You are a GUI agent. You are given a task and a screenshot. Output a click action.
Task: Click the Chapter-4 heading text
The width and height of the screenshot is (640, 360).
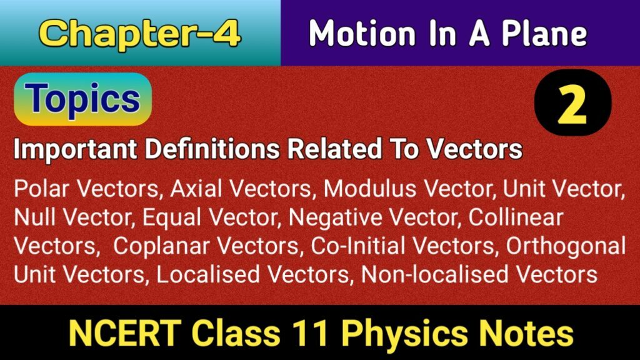141,34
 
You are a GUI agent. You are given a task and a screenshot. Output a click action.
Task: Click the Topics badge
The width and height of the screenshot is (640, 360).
83,99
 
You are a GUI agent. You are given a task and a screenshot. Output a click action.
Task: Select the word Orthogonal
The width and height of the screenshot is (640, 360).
566,246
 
